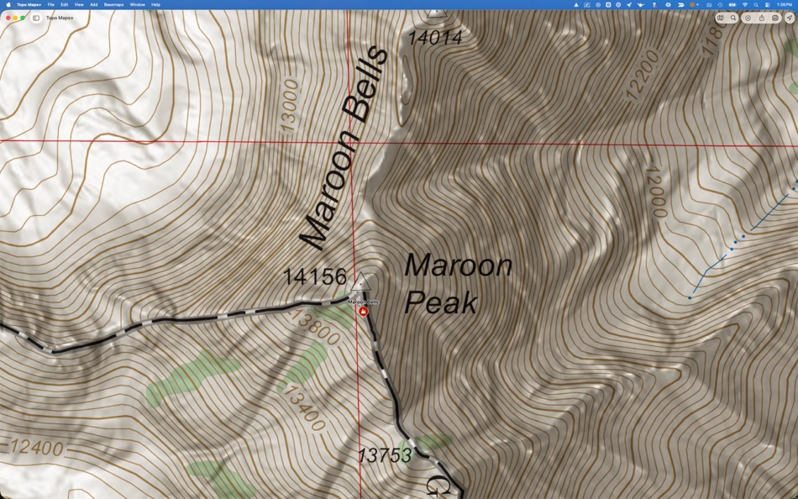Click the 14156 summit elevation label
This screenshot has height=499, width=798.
pos(314,276)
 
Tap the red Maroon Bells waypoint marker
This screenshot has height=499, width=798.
pos(364,311)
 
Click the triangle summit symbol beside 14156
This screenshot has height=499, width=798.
pos(361,281)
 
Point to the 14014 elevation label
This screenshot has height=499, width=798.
pos(435,38)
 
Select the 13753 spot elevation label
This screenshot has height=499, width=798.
pos(384,455)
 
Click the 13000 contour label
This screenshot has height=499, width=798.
pos(290,105)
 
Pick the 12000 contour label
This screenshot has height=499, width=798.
pos(654,191)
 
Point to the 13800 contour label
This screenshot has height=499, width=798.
pos(315,328)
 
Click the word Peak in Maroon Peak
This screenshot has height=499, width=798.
pos(440,302)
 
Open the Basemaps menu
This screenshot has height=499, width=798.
pos(113,4)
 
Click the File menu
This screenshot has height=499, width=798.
pos(51,4)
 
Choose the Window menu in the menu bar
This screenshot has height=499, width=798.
pos(137,4)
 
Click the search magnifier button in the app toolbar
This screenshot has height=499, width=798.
pos(733,18)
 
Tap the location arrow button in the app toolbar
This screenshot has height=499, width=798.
pos(790,18)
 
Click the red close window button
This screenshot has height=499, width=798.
pos(8,18)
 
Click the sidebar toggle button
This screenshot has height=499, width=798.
pos(36,18)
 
